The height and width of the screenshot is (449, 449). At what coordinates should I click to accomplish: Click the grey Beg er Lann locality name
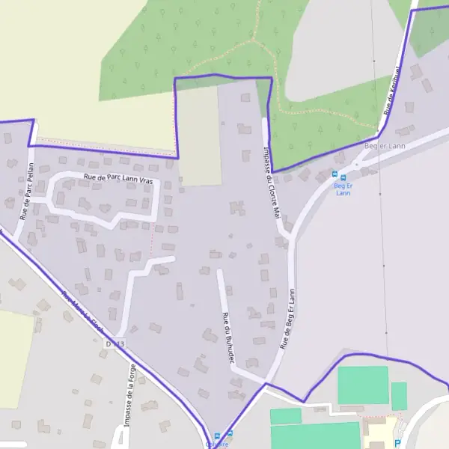[x=384, y=146]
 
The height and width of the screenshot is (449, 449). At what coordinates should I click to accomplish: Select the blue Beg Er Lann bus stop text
[x=343, y=189]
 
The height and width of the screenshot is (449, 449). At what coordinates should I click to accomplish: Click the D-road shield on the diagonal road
[x=114, y=343]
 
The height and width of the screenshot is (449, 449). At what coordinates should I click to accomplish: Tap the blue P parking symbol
[x=397, y=443]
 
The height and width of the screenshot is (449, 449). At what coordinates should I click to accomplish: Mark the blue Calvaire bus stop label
[x=217, y=445]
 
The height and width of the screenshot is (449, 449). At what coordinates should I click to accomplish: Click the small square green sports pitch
[x=399, y=396]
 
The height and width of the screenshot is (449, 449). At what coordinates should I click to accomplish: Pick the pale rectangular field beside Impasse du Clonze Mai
[x=199, y=135]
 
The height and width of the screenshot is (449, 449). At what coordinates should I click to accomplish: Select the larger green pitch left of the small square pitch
[x=362, y=385]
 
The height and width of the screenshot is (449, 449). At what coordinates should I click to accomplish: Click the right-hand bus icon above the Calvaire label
[x=229, y=434]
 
